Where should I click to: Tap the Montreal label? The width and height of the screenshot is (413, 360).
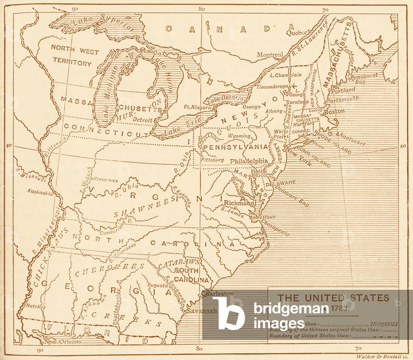[x=270, y=55]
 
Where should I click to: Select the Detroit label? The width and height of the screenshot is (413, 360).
[x=143, y=120]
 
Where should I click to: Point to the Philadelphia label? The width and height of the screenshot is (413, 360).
[x=249, y=161]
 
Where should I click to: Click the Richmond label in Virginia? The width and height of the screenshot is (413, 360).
[x=240, y=203]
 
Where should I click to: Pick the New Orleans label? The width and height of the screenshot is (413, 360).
[x=63, y=341]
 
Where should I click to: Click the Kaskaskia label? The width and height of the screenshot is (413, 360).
[x=40, y=193]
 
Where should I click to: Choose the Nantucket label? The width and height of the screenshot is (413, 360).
[x=352, y=139]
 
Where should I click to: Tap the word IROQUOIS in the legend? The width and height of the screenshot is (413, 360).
[x=384, y=323]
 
